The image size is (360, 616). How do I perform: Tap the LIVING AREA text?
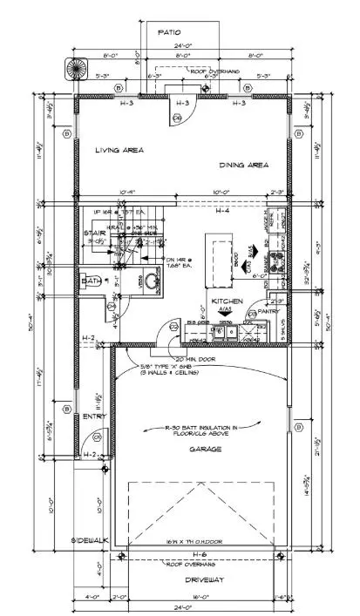coord(119,150)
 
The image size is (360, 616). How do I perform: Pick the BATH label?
coord(91,281)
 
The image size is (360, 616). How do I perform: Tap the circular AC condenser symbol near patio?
coord(71,68)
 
